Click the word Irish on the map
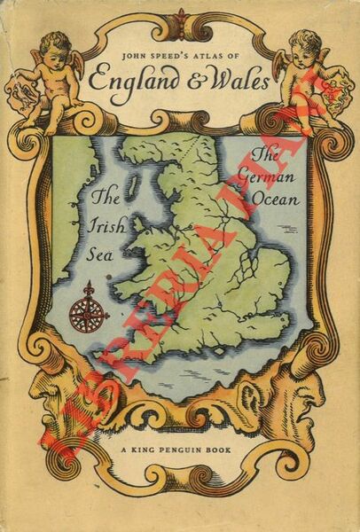click(106, 225)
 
